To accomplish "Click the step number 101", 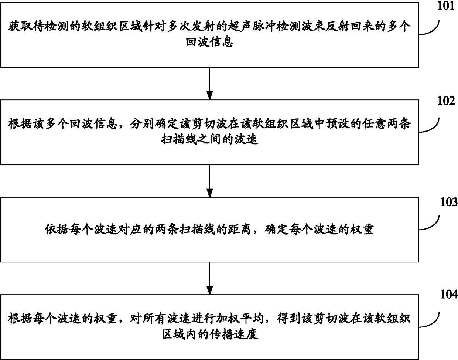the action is [x=445, y=6].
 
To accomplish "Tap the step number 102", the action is [x=446, y=101].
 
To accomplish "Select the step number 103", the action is [x=449, y=202].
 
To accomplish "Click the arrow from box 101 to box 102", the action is [x=209, y=84].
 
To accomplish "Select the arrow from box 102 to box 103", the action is [x=209, y=181].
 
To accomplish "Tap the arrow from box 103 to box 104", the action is [x=209, y=278].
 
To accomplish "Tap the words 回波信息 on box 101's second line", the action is [x=209, y=42].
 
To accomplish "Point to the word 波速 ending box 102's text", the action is [x=246, y=139].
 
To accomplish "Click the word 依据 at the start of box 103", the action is [x=57, y=229].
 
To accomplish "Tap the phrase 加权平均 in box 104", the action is [x=240, y=319].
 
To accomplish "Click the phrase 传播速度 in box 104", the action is [x=234, y=334].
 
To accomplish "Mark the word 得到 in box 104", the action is [x=288, y=319].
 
